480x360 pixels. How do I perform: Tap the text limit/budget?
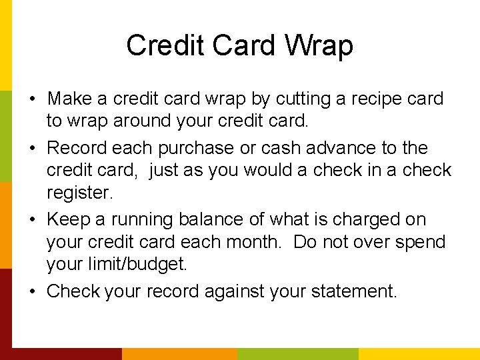coord(117,265)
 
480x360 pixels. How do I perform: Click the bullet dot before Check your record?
coord(33,292)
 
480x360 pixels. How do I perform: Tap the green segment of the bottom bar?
coord(298,353)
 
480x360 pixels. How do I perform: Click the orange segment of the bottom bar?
coord(180,353)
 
